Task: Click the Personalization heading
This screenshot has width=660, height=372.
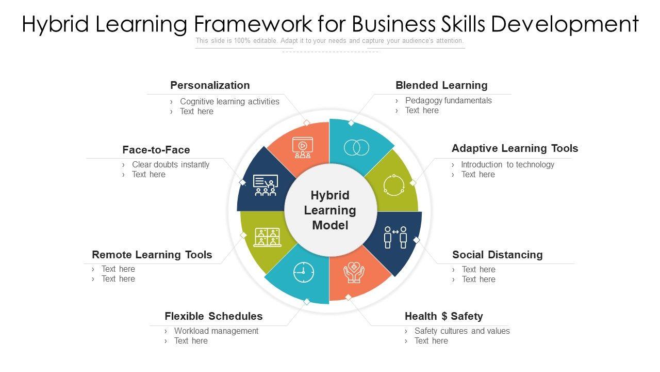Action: click(210, 85)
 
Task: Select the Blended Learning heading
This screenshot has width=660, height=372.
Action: click(441, 85)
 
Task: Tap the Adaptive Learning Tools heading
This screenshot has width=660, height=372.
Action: click(515, 148)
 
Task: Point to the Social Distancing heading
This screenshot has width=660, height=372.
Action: click(497, 255)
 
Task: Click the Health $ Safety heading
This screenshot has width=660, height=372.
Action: click(443, 316)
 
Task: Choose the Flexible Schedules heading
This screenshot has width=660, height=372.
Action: click(213, 316)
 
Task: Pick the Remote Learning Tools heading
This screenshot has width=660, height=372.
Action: click(152, 255)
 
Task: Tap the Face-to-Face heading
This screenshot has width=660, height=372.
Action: click(156, 150)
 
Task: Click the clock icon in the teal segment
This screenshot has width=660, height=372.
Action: click(304, 272)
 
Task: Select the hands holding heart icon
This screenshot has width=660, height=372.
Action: click(354, 272)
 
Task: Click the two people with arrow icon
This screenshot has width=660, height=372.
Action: click(395, 237)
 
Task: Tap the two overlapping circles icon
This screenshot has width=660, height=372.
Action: click(356, 148)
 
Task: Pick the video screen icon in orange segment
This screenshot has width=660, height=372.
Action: click(302, 147)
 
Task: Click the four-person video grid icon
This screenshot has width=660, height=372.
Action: click(267, 237)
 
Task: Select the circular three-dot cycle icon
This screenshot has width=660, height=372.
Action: click(393, 185)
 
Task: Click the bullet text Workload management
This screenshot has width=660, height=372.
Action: click(216, 331)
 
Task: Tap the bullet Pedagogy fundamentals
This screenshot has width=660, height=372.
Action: click(448, 101)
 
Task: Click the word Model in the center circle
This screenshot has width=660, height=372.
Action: click(330, 225)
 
